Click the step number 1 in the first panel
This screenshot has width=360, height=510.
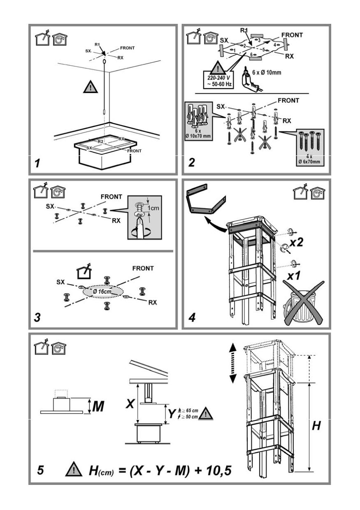tap(37, 163)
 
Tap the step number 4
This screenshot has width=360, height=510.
tap(191, 318)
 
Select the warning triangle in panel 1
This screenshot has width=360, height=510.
tap(91, 87)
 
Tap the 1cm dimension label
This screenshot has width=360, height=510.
tap(153, 208)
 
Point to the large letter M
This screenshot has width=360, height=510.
tap(98, 407)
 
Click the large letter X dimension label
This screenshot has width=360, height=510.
tap(130, 404)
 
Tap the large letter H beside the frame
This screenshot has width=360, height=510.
tap(316, 426)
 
